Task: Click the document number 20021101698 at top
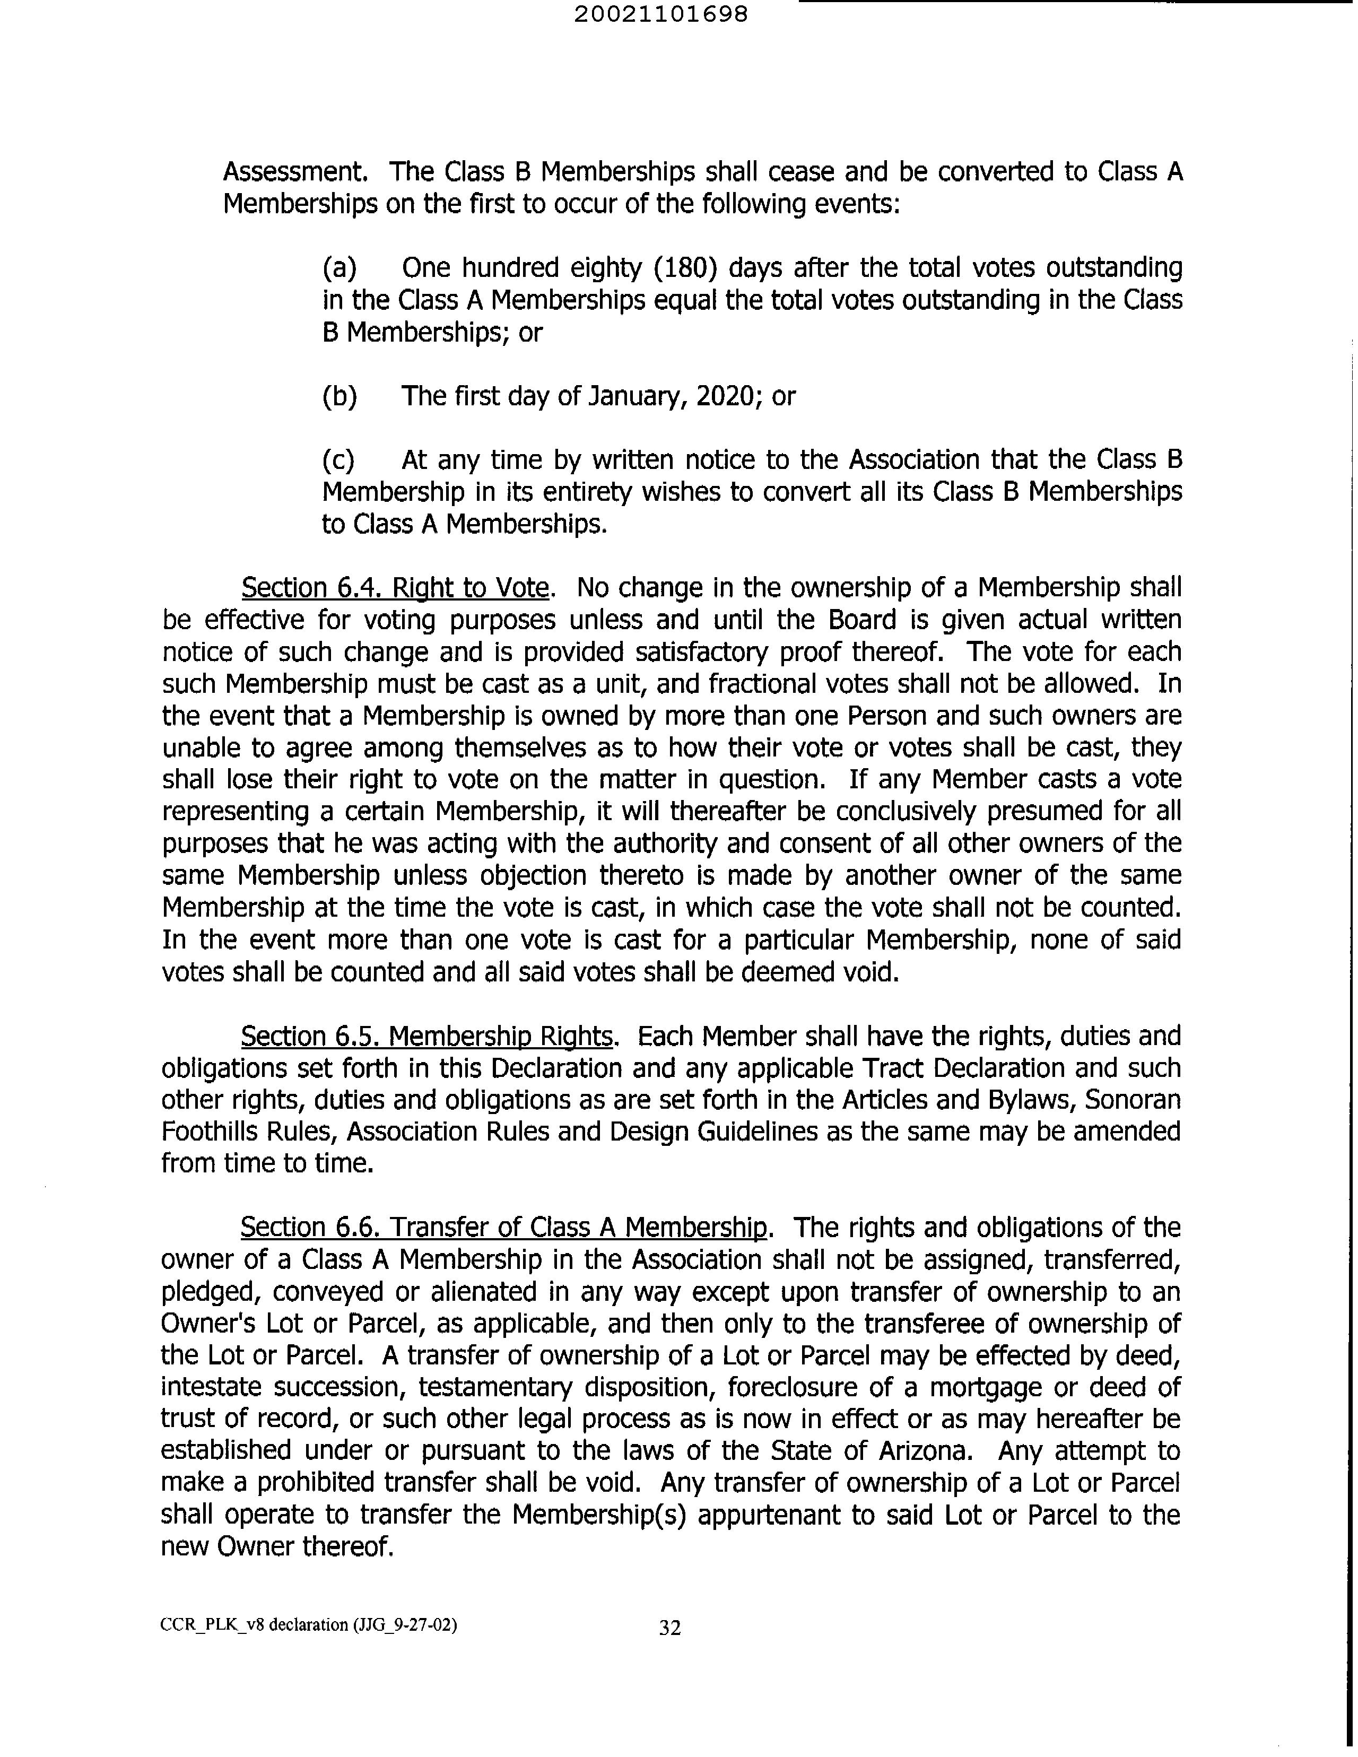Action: (x=661, y=14)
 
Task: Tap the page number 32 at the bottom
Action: (x=669, y=1628)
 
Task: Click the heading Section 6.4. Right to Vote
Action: (x=395, y=588)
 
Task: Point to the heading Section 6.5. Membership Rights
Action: (x=426, y=1036)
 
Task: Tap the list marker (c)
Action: (x=338, y=460)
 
